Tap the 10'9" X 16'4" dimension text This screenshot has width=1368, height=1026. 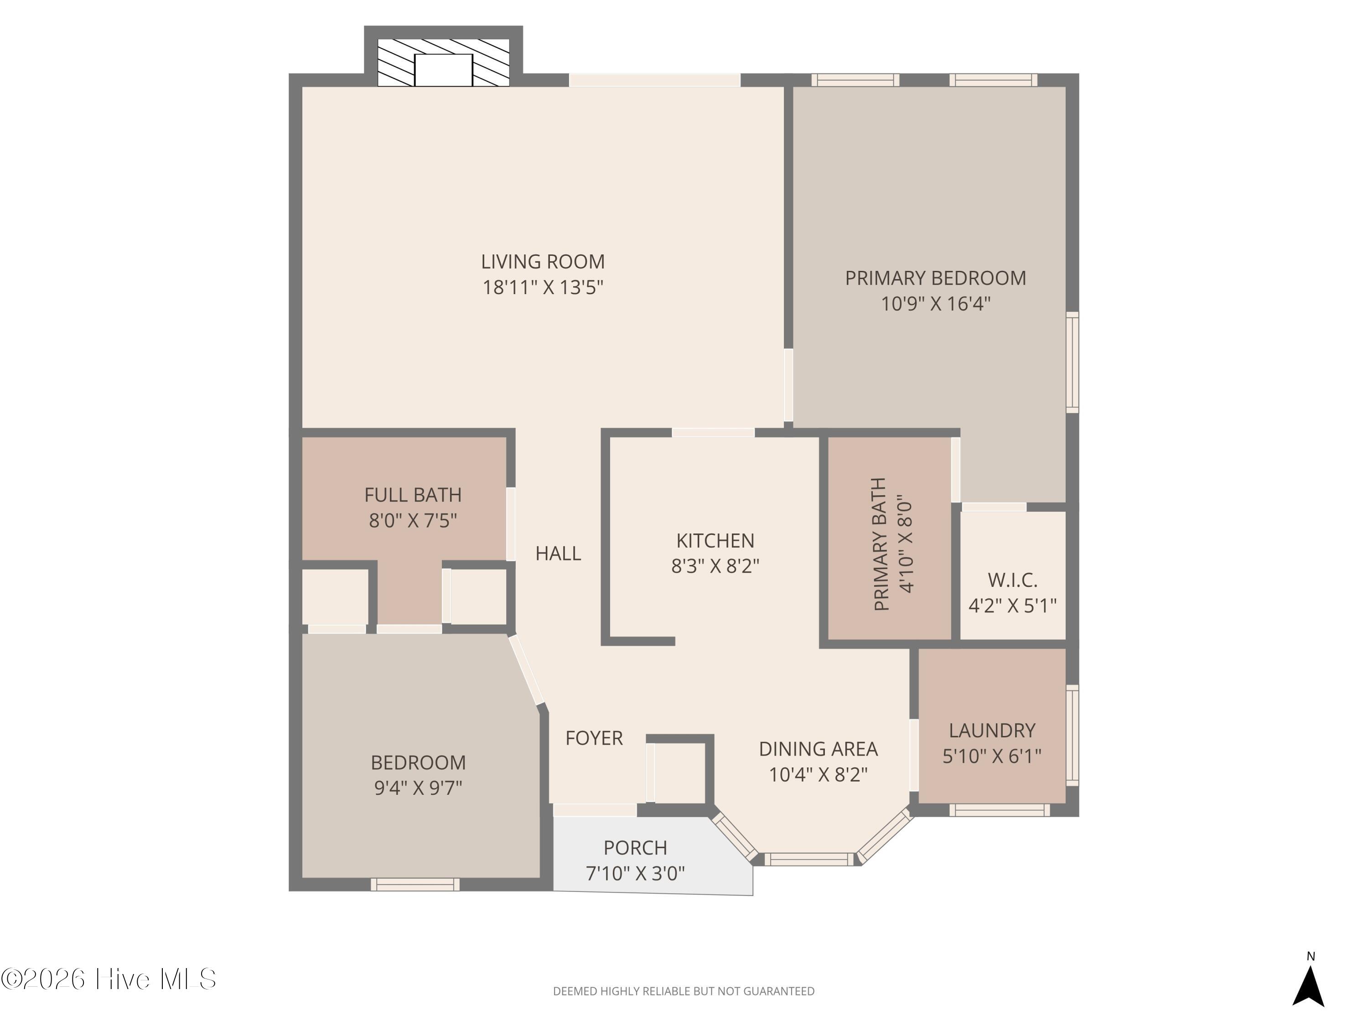(936, 304)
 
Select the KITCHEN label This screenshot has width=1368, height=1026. (715, 540)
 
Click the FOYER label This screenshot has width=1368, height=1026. (594, 738)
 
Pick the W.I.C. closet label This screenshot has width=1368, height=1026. (1012, 580)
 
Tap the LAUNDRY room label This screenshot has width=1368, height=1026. (992, 731)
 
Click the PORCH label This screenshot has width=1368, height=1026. (635, 847)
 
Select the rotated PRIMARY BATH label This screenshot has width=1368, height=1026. (881, 544)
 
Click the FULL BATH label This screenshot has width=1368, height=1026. (413, 495)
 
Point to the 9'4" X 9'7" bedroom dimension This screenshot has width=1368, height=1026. (418, 788)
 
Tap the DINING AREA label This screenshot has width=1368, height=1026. (818, 749)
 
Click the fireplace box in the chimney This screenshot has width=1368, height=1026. (443, 70)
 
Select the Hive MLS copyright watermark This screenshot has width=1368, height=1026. (109, 979)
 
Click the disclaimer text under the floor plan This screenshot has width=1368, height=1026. (684, 991)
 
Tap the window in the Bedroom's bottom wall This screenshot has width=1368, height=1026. (415, 884)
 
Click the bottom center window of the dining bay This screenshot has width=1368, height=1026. (809, 859)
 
